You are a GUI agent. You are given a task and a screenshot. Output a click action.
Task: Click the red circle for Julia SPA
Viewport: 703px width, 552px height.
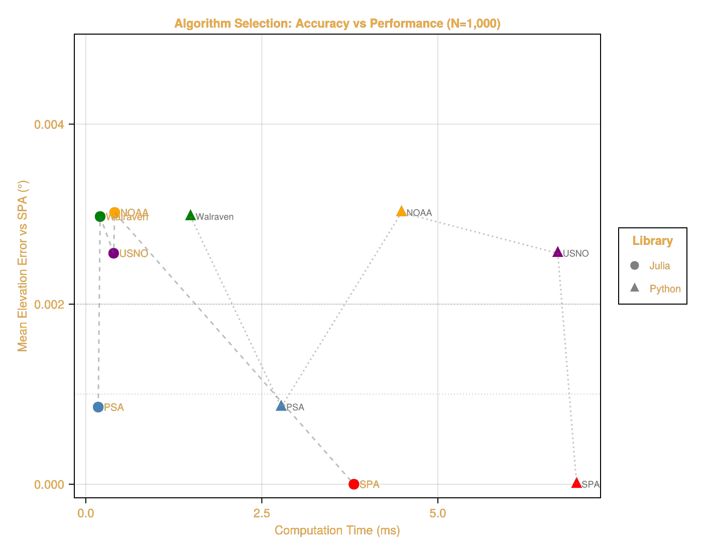[x=354, y=484]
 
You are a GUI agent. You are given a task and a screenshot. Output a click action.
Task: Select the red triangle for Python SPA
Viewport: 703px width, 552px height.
[x=576, y=483]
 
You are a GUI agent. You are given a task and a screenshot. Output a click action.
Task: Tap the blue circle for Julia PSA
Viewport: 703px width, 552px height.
[x=98, y=407]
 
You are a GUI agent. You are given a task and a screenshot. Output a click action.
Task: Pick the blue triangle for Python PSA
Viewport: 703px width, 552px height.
[x=281, y=406]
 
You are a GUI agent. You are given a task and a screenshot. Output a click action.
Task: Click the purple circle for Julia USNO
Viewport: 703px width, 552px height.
[x=113, y=253]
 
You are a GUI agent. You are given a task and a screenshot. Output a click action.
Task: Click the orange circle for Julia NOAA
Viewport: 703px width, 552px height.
[x=114, y=212]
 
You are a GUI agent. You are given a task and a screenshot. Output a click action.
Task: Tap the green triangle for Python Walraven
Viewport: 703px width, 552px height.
[x=190, y=216]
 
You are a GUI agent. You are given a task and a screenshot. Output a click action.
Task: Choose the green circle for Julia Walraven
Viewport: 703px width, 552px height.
[x=100, y=216]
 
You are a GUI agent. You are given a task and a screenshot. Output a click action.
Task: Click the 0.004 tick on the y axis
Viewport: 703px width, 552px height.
[x=49, y=124]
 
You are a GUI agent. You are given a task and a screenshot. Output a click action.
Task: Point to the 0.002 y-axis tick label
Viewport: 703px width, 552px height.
[x=49, y=304]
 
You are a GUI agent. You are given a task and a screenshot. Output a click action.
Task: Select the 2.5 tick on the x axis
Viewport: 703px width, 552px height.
[x=261, y=513]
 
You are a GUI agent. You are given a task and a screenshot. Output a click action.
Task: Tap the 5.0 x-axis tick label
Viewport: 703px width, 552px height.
[x=437, y=513]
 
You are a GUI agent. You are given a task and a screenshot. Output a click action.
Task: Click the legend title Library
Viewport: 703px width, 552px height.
[x=652, y=241]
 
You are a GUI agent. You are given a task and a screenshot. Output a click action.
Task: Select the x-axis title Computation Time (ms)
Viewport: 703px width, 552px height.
[x=337, y=530]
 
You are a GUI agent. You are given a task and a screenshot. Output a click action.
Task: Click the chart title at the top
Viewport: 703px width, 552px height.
[x=337, y=24]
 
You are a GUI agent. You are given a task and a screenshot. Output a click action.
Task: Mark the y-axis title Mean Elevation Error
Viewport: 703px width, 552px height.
[x=23, y=266]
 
